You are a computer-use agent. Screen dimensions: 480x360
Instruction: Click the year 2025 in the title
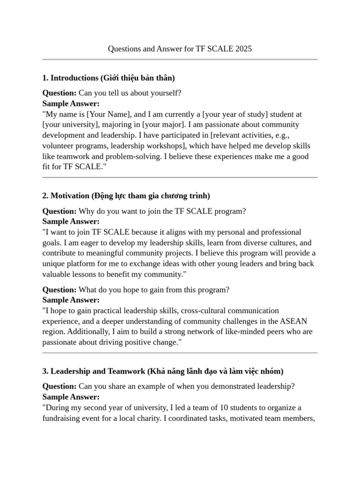coord(244,49)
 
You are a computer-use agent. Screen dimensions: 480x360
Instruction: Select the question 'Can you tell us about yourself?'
coord(129,93)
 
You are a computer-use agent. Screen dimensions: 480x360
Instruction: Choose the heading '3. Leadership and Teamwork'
coord(93,371)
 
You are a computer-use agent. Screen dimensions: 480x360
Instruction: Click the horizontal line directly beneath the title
coord(180,60)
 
